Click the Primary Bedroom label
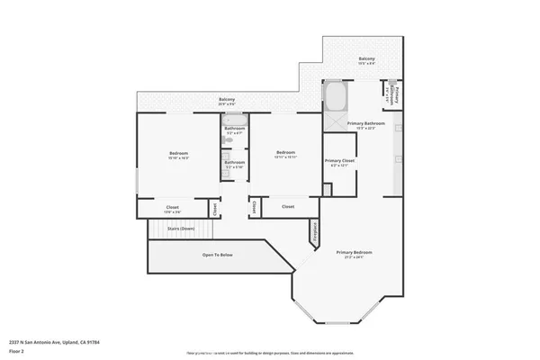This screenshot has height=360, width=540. (355, 254)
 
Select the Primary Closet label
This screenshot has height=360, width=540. (339, 163)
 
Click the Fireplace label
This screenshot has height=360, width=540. (314, 231)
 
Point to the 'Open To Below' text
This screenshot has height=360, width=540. (217, 256)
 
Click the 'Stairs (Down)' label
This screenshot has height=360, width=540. (181, 229)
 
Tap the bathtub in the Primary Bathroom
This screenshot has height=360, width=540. (335, 94)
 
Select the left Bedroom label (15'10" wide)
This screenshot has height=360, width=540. (178, 155)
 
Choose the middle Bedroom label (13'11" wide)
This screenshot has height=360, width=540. (285, 154)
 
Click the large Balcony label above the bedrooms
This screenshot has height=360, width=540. (227, 101)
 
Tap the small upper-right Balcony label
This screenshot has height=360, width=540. (366, 61)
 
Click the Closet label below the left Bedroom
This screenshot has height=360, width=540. (172, 209)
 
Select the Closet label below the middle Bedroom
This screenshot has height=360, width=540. (288, 207)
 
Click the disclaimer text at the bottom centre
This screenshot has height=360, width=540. (270, 354)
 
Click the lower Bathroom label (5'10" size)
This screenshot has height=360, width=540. (235, 165)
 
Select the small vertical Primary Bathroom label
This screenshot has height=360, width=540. (393, 93)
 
